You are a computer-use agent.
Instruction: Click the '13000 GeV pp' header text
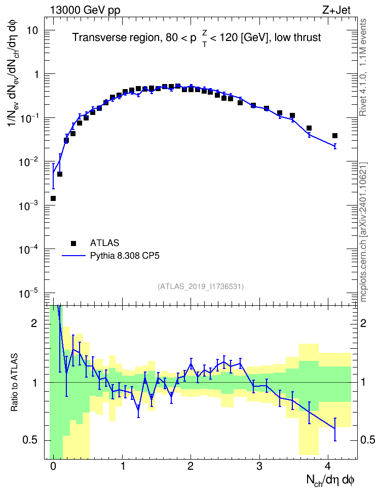[85, 10]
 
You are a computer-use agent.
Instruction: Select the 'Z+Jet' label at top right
[336, 10]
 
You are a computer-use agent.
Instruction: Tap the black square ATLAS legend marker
[73, 243]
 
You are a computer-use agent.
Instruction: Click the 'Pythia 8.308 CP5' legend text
[125, 256]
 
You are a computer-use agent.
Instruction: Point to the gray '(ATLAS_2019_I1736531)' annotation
[201, 286]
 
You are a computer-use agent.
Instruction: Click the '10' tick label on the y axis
[32, 31]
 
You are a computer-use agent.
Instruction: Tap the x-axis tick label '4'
[328, 466]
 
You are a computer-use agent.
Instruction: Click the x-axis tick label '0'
[53, 466]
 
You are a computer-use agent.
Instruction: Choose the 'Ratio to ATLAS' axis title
[14, 382]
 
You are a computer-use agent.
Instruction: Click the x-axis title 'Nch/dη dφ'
[330, 480]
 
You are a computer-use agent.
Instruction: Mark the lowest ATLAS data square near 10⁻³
[53, 198]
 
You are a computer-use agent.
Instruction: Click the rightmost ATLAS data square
[334, 136]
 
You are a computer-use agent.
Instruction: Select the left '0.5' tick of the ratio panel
[30, 440]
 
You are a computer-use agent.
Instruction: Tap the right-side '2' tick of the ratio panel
[363, 323]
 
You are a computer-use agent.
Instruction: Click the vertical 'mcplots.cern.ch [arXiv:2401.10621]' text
[363, 232]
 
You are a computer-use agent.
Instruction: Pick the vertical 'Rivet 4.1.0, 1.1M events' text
[363, 67]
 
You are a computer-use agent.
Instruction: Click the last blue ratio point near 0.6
[334, 428]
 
